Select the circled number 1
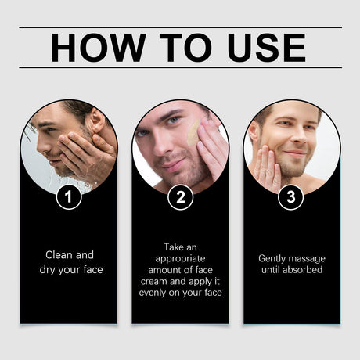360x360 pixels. [69, 197]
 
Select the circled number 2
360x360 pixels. [180, 197]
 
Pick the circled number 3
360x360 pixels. [291, 197]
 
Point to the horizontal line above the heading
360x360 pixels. [180, 27]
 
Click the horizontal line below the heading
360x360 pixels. [180, 68]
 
